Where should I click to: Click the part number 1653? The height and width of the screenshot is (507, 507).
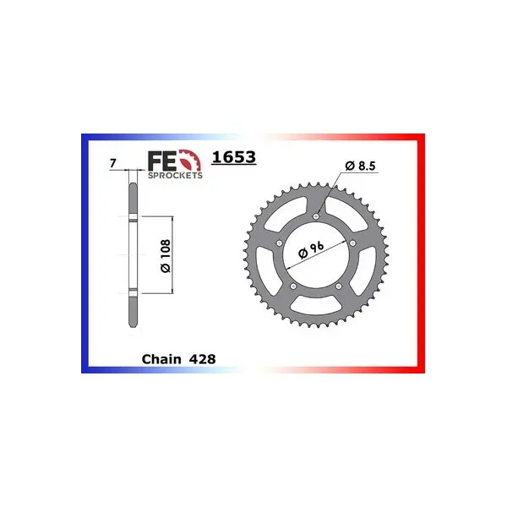(234, 157)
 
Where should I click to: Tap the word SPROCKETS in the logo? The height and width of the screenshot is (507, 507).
(175, 175)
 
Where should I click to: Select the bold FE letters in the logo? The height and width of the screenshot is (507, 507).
(162, 161)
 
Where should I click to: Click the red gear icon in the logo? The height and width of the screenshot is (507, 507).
(190, 161)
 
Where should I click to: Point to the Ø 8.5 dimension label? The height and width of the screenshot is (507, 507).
(361, 166)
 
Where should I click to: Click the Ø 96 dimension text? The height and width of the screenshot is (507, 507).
(311, 250)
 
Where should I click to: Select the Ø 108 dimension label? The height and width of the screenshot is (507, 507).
(166, 256)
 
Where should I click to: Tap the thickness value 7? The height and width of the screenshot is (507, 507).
(112, 163)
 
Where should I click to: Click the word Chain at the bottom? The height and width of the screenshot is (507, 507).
(161, 359)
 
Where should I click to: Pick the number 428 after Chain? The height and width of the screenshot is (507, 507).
(203, 359)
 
